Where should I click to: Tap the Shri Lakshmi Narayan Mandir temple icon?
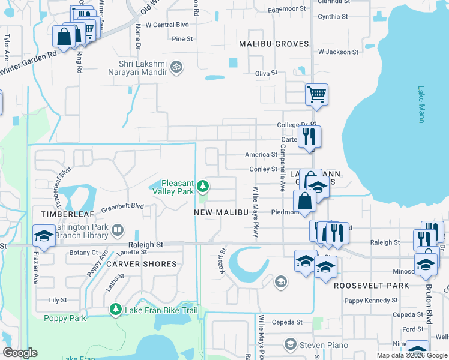pos(176,65)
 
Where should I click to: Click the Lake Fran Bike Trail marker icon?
pos(115,310)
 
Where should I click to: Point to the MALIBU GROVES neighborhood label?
pos(274,44)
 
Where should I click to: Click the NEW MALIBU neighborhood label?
pos(221,212)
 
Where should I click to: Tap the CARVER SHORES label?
pos(142,264)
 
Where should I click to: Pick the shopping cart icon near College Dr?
pos(316,94)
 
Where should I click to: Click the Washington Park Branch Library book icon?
pos(118,229)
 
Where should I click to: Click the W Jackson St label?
pos(338,52)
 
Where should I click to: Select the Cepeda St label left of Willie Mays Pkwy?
pos(286,322)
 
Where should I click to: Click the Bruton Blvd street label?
pos(429,309)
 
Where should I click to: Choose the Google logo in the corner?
pos(20,353)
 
